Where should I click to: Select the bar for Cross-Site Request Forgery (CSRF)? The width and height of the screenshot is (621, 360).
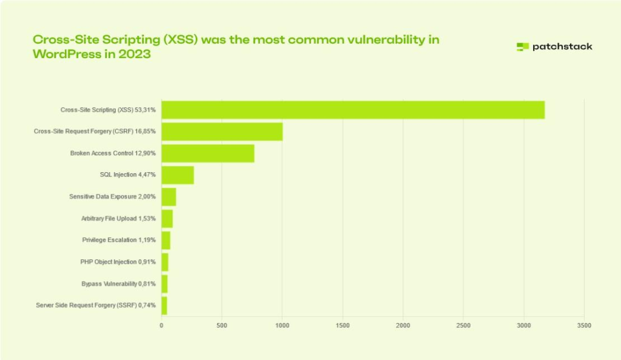pos(222,132)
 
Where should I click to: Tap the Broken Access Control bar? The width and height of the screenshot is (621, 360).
pos(208,153)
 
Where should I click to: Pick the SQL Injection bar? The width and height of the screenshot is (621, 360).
pos(178,175)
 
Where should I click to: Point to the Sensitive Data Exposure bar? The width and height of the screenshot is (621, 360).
pos(169,197)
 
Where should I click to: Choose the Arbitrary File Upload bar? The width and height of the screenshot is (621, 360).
pos(167,219)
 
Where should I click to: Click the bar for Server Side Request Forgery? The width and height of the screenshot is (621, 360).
pos(164,305)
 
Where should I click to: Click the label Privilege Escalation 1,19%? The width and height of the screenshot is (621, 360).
pos(119,240)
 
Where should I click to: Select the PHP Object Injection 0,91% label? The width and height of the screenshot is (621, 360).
pos(118,262)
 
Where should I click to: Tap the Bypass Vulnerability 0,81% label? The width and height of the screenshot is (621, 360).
pos(118,284)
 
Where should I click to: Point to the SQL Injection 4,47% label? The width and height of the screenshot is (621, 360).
pos(127,175)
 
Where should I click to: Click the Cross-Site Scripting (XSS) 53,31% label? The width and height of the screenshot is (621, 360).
pos(108,110)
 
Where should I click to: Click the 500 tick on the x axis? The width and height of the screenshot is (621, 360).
pos(222,325)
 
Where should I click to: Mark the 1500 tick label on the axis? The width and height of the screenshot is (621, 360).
pos(343,325)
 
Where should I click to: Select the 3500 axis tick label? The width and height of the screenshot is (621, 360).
pos(584,325)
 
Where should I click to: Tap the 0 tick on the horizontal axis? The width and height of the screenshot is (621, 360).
pos(161,325)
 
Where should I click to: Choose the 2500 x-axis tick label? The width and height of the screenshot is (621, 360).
pos(463,325)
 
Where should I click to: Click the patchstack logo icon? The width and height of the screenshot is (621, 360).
pos(523,47)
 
